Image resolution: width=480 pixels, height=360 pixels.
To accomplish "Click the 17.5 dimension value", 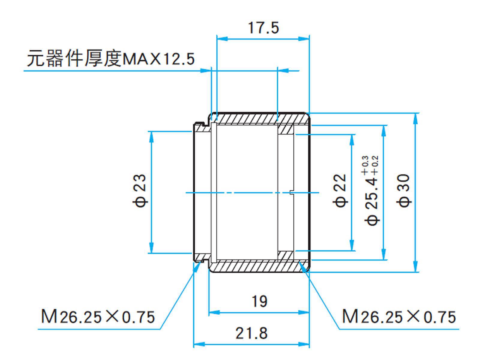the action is tap(263, 28).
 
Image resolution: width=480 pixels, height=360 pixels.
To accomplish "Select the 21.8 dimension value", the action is tap(251, 333).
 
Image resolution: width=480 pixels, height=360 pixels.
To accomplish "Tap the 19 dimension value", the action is tap(259, 301).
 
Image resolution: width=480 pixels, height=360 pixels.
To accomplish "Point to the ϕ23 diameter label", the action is tap(140, 190).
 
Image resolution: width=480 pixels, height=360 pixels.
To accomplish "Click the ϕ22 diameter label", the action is tap(340, 190).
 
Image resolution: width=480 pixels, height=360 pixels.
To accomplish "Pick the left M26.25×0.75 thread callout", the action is tap(98, 317).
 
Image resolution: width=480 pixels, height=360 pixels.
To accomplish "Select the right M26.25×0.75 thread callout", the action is tap(399, 317).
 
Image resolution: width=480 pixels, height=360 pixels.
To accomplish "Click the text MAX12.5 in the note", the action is tap(158, 58).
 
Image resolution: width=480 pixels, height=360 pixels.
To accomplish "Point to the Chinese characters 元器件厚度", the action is tap(74, 58).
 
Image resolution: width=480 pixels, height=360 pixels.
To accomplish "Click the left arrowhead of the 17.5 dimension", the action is tap(222, 39).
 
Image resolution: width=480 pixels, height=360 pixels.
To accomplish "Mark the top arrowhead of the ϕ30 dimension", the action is tap(415, 118).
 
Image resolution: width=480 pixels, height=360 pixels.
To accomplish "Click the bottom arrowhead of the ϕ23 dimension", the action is tap(151, 248).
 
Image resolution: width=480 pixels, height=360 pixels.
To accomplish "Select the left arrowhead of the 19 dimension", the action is tap(214, 313).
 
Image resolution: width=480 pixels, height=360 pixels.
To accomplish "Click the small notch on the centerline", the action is tap(292, 192).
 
